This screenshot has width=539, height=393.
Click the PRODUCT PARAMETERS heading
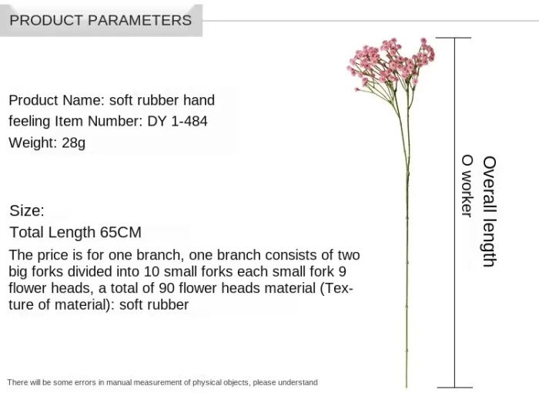(100, 20)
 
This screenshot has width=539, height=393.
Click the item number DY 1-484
(177, 121)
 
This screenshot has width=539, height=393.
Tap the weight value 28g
(74, 143)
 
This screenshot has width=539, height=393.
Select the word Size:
(27, 210)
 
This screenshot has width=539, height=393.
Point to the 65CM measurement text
(121, 232)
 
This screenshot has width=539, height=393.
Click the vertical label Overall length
(490, 211)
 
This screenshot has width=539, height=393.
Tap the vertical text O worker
(467, 186)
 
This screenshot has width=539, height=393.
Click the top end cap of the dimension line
(454, 38)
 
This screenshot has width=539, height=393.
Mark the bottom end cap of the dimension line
(454, 388)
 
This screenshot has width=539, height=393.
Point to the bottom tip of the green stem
(407, 387)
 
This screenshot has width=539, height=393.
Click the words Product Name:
(56, 100)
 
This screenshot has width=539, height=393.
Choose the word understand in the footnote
(298, 382)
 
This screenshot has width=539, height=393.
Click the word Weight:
(33, 143)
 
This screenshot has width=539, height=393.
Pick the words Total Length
(52, 232)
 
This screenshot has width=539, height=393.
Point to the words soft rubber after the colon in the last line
(154, 304)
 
